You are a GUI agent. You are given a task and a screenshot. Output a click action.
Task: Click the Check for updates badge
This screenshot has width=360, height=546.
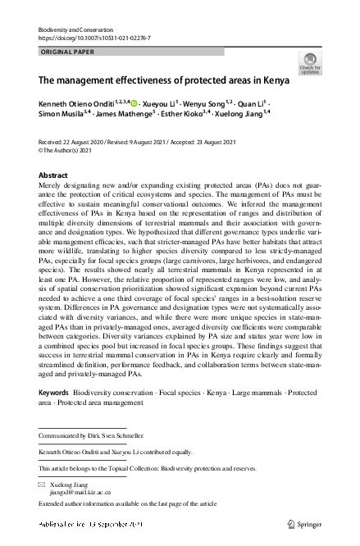point(311,64)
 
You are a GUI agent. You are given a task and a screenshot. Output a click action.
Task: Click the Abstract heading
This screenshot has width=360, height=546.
point(53,176)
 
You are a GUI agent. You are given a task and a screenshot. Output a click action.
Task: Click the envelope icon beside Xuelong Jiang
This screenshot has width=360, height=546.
point(43,485)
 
